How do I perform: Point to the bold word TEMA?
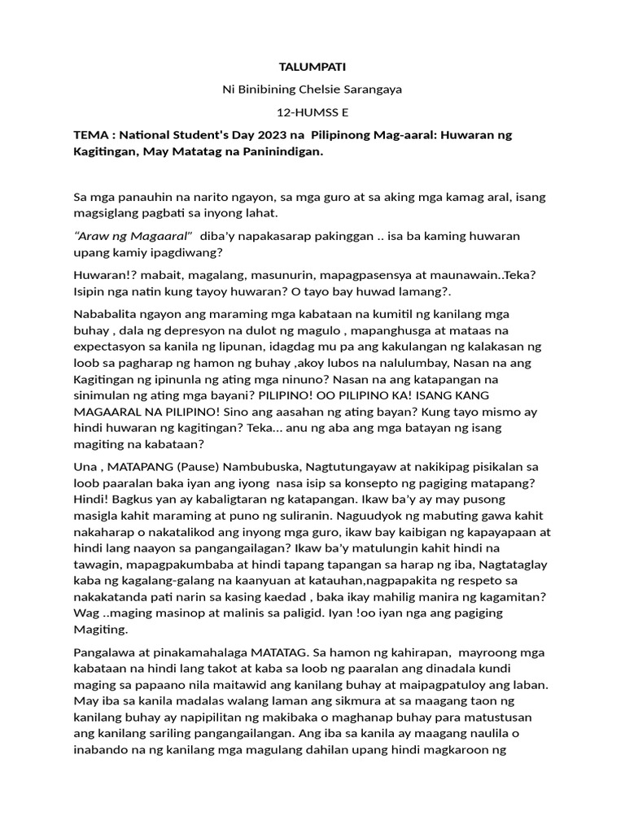pyautogui.click(x=91, y=134)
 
